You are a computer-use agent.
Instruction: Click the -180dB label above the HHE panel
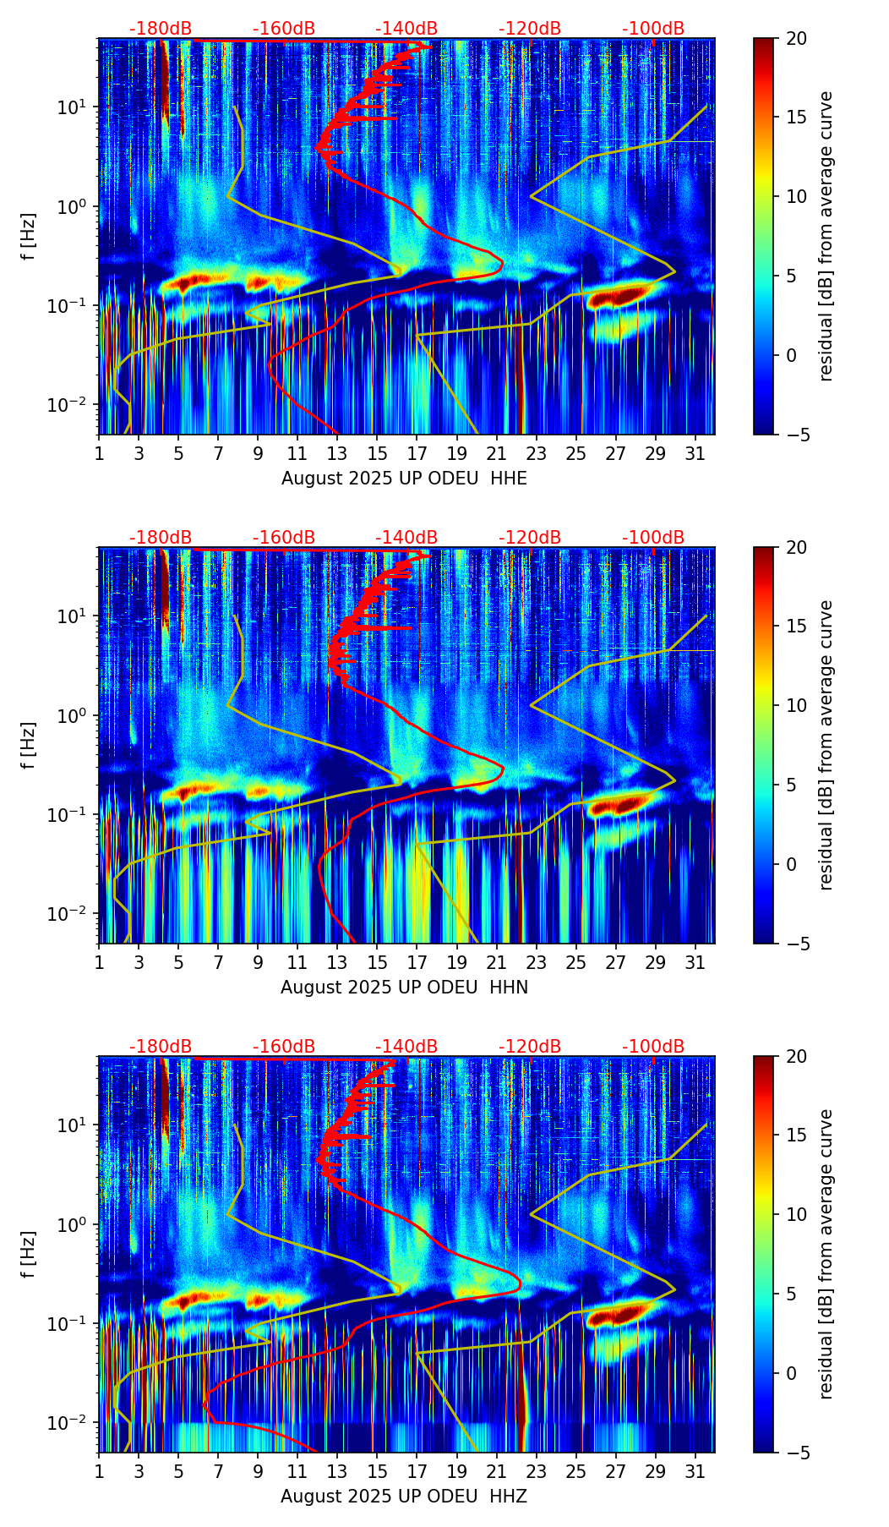click(161, 29)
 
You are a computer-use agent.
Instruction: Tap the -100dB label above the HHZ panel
click(653, 1047)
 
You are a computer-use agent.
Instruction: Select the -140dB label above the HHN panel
click(406, 538)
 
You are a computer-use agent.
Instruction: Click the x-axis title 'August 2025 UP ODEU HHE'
click(404, 479)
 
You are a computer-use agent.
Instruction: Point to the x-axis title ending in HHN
click(404, 988)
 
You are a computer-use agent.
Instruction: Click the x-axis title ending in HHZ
click(404, 1497)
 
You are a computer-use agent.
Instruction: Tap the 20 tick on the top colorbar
click(797, 39)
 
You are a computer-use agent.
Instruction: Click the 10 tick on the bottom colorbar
click(797, 1215)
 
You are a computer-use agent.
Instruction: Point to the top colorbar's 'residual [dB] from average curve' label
click(826, 236)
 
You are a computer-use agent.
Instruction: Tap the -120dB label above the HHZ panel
click(530, 1047)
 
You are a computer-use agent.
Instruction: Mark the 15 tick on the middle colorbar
click(797, 627)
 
